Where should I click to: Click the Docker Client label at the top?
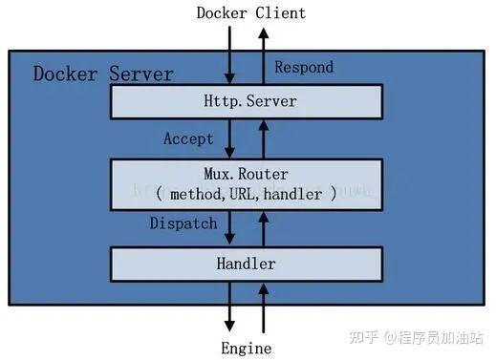(250, 12)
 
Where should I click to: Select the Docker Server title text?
(103, 74)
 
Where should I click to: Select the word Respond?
(304, 67)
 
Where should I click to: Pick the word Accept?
(188, 138)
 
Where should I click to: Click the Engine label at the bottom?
(248, 348)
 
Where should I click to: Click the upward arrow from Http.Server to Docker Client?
(264, 55)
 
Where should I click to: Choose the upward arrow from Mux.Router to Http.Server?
(264, 138)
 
